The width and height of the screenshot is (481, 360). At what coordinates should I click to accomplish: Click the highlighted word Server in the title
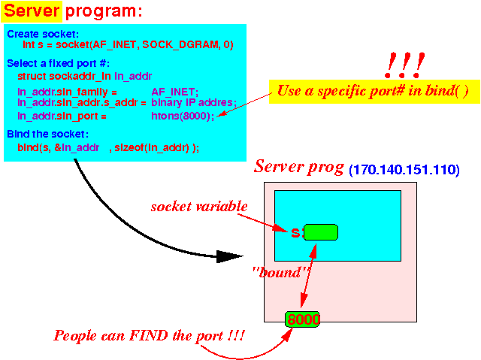(x=32, y=11)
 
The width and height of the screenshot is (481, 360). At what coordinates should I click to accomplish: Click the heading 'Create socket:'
(x=43, y=34)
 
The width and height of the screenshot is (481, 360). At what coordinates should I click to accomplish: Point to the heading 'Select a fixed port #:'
(x=59, y=63)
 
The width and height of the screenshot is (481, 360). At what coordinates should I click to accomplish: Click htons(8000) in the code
(x=183, y=116)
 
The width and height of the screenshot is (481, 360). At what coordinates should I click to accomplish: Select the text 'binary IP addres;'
(x=194, y=102)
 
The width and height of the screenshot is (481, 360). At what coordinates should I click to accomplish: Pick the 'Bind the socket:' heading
(x=48, y=134)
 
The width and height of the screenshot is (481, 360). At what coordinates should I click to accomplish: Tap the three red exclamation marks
(x=404, y=65)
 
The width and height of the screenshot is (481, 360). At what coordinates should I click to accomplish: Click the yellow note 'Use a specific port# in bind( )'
(x=374, y=92)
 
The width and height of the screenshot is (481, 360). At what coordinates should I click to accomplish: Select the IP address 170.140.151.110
(x=404, y=170)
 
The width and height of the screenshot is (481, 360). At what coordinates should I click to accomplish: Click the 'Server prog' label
(x=299, y=167)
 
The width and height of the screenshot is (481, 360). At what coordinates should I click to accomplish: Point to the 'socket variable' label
(x=199, y=207)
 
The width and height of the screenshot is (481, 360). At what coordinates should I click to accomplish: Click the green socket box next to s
(x=321, y=232)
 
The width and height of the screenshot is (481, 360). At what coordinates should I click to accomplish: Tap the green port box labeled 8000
(x=302, y=319)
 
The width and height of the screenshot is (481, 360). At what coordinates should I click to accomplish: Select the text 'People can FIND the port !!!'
(x=150, y=335)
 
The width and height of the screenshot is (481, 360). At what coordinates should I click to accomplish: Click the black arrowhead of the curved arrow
(x=229, y=256)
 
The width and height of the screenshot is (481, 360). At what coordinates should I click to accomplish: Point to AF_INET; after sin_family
(x=175, y=92)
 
